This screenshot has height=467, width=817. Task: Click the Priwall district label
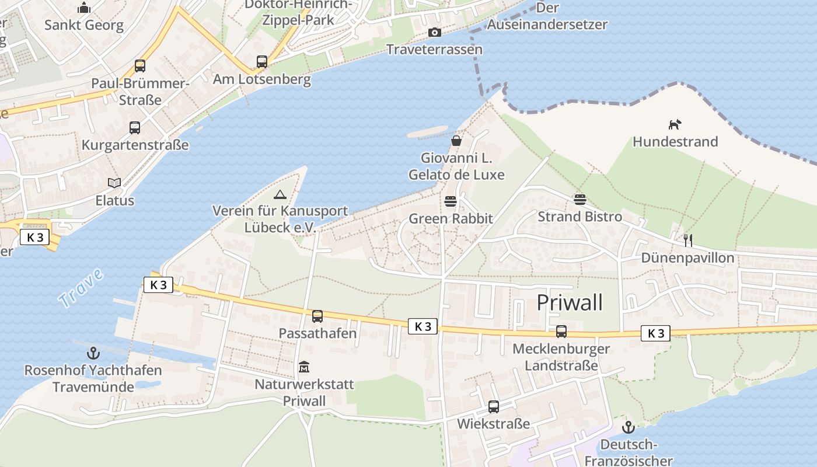point(569,302)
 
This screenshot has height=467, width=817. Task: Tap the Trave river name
point(81,288)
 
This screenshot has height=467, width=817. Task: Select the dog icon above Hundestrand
point(675,124)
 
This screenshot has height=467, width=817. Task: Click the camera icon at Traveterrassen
point(434,32)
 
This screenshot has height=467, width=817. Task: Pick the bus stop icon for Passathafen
point(317,316)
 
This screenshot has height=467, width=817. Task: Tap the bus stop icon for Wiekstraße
point(494,407)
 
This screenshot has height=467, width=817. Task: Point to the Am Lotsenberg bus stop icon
point(262,62)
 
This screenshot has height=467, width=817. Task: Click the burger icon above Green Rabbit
point(451,202)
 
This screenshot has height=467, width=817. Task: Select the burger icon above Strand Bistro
point(579,200)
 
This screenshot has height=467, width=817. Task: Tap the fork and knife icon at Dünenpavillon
point(687,240)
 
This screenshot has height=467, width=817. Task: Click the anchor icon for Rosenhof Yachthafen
point(93,353)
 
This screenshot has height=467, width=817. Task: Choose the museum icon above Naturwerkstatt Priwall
point(304,367)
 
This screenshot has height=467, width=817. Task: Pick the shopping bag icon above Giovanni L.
point(456,141)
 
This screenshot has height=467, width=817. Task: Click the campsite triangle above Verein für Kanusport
point(280,194)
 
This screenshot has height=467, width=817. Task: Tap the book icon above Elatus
point(115,183)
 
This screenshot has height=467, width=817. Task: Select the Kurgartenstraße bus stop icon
point(135,128)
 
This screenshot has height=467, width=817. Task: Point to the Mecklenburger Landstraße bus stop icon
point(561,332)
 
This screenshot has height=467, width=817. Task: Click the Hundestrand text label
point(675,142)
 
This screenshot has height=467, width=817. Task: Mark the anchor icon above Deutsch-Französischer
point(628,428)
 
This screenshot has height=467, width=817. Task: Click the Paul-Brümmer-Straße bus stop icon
point(140,66)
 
